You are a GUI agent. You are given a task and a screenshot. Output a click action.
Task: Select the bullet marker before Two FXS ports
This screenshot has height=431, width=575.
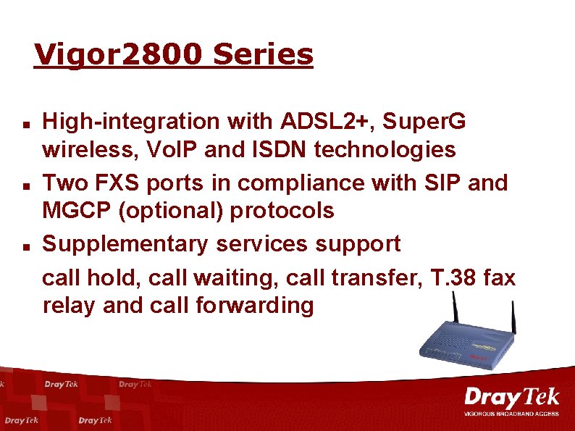(25, 185)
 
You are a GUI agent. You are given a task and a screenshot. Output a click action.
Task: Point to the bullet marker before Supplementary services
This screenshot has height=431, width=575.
(25, 246)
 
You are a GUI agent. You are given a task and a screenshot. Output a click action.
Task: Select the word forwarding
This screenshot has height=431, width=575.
(255, 306)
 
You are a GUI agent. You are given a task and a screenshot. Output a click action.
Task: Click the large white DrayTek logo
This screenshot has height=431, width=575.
(511, 398)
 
